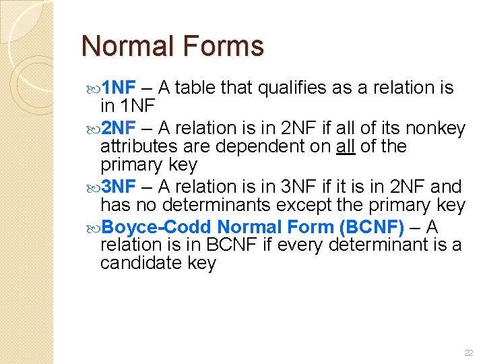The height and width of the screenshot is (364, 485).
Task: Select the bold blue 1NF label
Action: (x=122, y=88)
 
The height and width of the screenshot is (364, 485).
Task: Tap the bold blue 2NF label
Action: (x=122, y=128)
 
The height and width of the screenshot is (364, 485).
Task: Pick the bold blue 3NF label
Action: (x=122, y=187)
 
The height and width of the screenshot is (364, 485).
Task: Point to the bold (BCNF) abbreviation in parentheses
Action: (x=372, y=226)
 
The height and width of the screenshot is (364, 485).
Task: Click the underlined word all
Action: (x=346, y=146)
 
